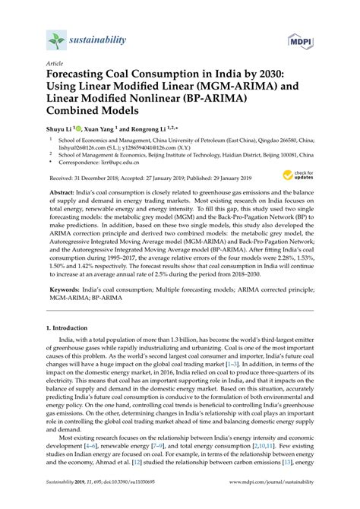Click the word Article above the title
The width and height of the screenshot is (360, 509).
pyautogui.click(x=55, y=64)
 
